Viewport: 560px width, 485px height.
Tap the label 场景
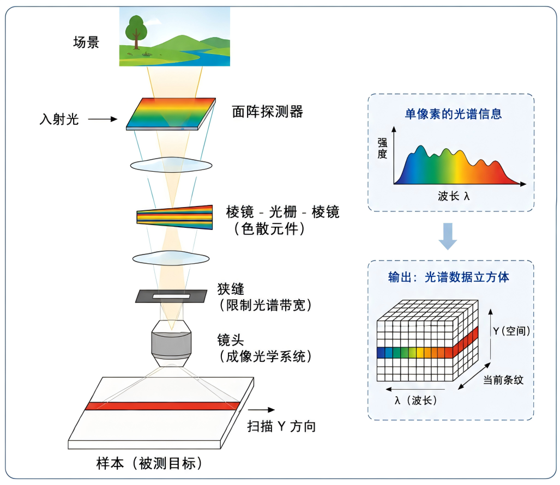86,42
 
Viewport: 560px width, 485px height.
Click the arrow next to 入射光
103,119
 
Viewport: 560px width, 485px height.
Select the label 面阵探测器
268,112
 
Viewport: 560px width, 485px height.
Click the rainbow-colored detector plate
171,113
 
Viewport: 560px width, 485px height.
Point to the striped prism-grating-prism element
174,217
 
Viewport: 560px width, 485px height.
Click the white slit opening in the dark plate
171,296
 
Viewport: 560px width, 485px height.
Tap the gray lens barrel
171,343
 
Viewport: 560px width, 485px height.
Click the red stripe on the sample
162,406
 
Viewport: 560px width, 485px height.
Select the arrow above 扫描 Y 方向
261,410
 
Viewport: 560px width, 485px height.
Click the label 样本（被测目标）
149,464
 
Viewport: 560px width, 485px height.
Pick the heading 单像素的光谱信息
453,114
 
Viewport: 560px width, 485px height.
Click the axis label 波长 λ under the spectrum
454,196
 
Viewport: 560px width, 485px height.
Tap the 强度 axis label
382,148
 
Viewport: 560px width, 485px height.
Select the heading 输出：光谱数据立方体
449,277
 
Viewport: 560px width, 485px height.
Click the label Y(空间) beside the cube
511,331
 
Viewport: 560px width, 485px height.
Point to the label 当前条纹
503,380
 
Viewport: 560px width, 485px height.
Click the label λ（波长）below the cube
416,400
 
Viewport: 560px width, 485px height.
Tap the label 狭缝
231,289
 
